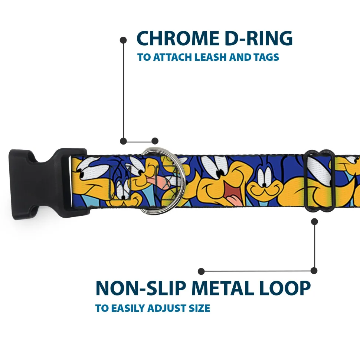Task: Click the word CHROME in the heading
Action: [x=178, y=38]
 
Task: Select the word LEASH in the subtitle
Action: [x=210, y=57]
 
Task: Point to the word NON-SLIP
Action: [x=140, y=288]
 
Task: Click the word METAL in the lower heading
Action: [x=223, y=288]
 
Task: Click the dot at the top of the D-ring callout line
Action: [x=123, y=40]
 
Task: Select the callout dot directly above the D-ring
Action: [x=155, y=141]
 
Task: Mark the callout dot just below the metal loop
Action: [x=314, y=222]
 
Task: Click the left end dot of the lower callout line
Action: [x=201, y=271]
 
